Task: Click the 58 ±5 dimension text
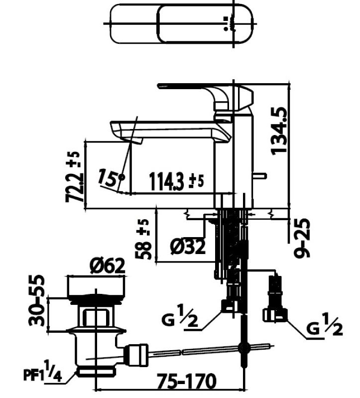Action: tap(144, 239)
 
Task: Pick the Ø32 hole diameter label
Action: tap(187, 247)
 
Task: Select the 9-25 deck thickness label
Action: tap(302, 238)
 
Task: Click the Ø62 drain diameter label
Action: tap(107, 266)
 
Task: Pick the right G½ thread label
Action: tap(324, 329)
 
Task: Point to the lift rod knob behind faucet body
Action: tap(261, 175)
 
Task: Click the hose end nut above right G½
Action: tap(274, 314)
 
